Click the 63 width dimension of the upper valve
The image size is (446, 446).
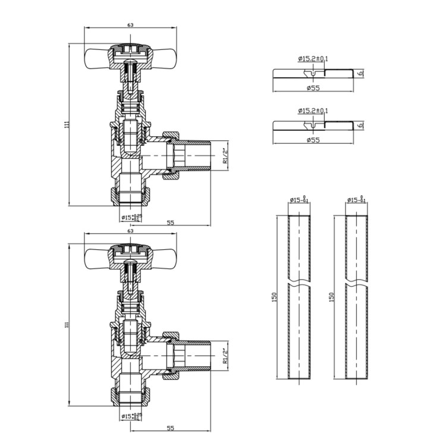point(130,25)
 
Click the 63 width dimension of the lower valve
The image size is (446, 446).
point(130,232)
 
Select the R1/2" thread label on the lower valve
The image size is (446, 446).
point(225,356)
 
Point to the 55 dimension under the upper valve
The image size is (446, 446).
point(170,222)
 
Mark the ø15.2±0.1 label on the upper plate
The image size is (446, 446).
point(313,58)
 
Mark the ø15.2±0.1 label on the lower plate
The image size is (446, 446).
point(313,111)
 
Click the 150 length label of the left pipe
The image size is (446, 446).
point(274,296)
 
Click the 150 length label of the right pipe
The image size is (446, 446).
point(331,296)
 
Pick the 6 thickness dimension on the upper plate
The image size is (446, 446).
point(360,74)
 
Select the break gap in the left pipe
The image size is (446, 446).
point(297,280)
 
